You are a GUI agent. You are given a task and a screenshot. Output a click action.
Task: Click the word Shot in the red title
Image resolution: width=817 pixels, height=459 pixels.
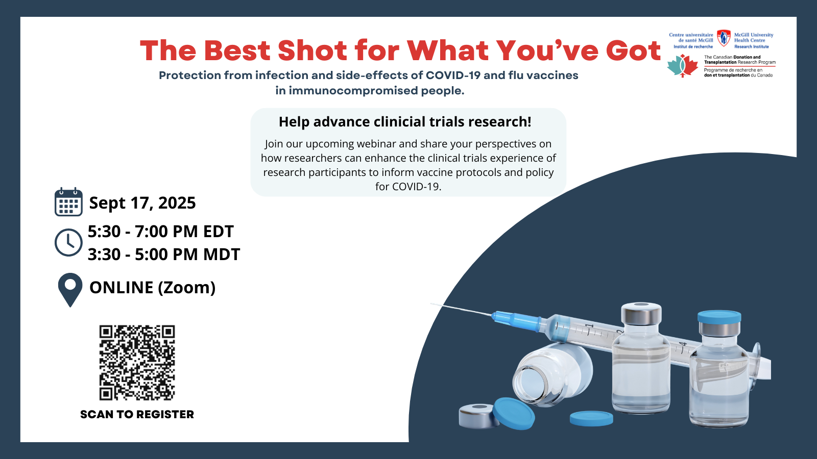click(312, 50)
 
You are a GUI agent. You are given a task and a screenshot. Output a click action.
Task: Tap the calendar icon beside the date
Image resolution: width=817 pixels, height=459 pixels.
click(68, 202)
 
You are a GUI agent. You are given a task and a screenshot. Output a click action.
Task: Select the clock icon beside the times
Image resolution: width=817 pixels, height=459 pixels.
click(68, 243)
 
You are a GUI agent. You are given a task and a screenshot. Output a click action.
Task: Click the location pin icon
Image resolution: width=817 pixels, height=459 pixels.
click(70, 290)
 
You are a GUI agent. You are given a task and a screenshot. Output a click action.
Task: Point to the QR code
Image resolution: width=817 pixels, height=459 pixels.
click(137, 363)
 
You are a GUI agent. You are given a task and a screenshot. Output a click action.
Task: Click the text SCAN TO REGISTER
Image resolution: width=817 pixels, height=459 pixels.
click(137, 415)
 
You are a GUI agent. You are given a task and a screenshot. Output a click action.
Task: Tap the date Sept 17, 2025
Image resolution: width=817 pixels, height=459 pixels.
click(142, 203)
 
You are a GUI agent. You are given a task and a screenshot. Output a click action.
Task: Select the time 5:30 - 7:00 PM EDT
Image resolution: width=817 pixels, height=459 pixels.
click(160, 232)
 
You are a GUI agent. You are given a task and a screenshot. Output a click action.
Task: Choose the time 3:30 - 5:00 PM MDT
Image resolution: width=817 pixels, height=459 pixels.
click(164, 254)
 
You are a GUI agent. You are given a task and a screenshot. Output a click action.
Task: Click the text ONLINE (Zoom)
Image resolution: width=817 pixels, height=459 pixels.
click(153, 288)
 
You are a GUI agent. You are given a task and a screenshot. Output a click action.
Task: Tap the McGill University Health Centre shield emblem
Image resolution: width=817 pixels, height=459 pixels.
click(724, 38)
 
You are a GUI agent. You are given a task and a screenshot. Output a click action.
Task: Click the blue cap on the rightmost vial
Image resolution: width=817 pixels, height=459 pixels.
click(719, 317)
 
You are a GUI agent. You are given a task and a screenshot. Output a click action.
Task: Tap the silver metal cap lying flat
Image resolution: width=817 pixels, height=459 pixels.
click(478, 416)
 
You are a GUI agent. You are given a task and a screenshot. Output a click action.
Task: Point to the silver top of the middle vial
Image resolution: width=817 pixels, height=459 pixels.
click(641, 313)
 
